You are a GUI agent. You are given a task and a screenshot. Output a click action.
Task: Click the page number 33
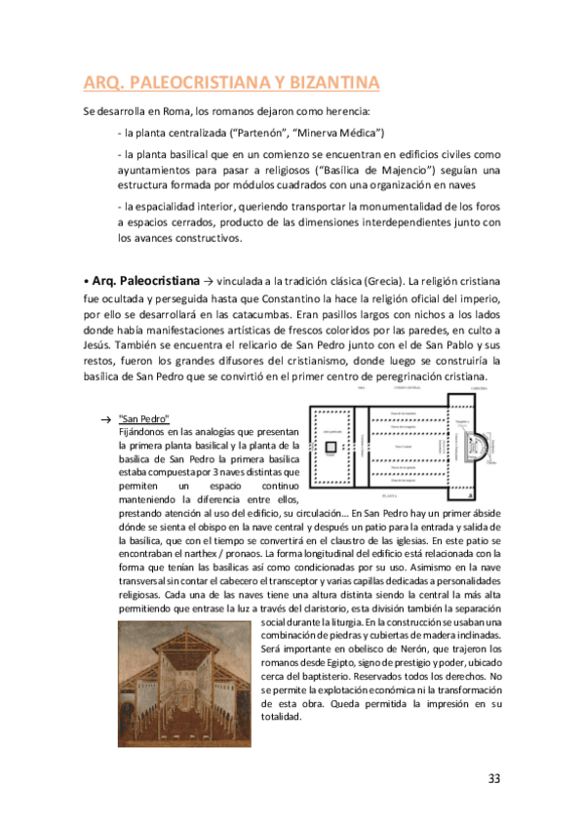point(494,778)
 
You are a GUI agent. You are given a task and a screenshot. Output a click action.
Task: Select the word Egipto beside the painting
point(331,662)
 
